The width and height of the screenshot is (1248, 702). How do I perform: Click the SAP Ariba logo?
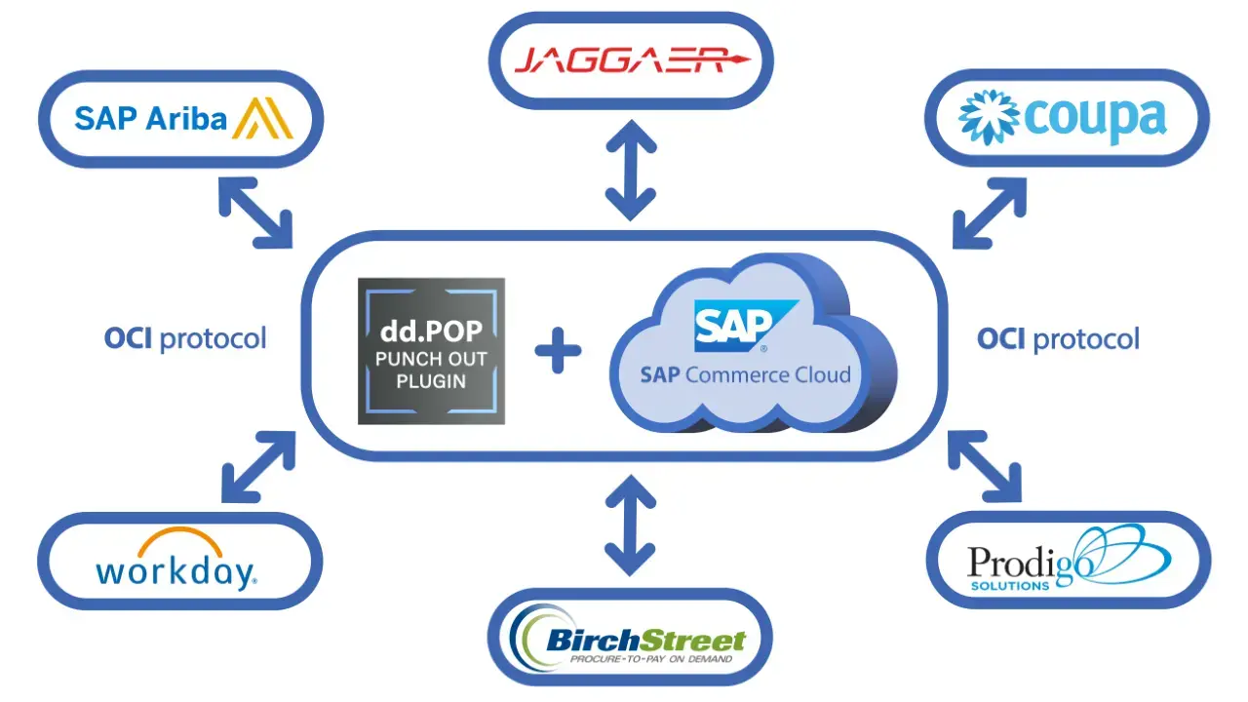[x=181, y=119]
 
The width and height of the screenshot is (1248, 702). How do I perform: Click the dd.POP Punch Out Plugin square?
[x=431, y=351]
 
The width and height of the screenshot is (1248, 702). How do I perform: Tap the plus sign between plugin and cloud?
[x=558, y=352]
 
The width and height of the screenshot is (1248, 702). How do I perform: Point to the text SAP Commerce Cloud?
[x=745, y=374]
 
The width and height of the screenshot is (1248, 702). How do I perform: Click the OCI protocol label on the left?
[x=184, y=339]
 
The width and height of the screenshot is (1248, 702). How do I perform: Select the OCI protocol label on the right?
[x=1058, y=339]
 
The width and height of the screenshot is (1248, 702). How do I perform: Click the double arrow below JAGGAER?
[x=630, y=172]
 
